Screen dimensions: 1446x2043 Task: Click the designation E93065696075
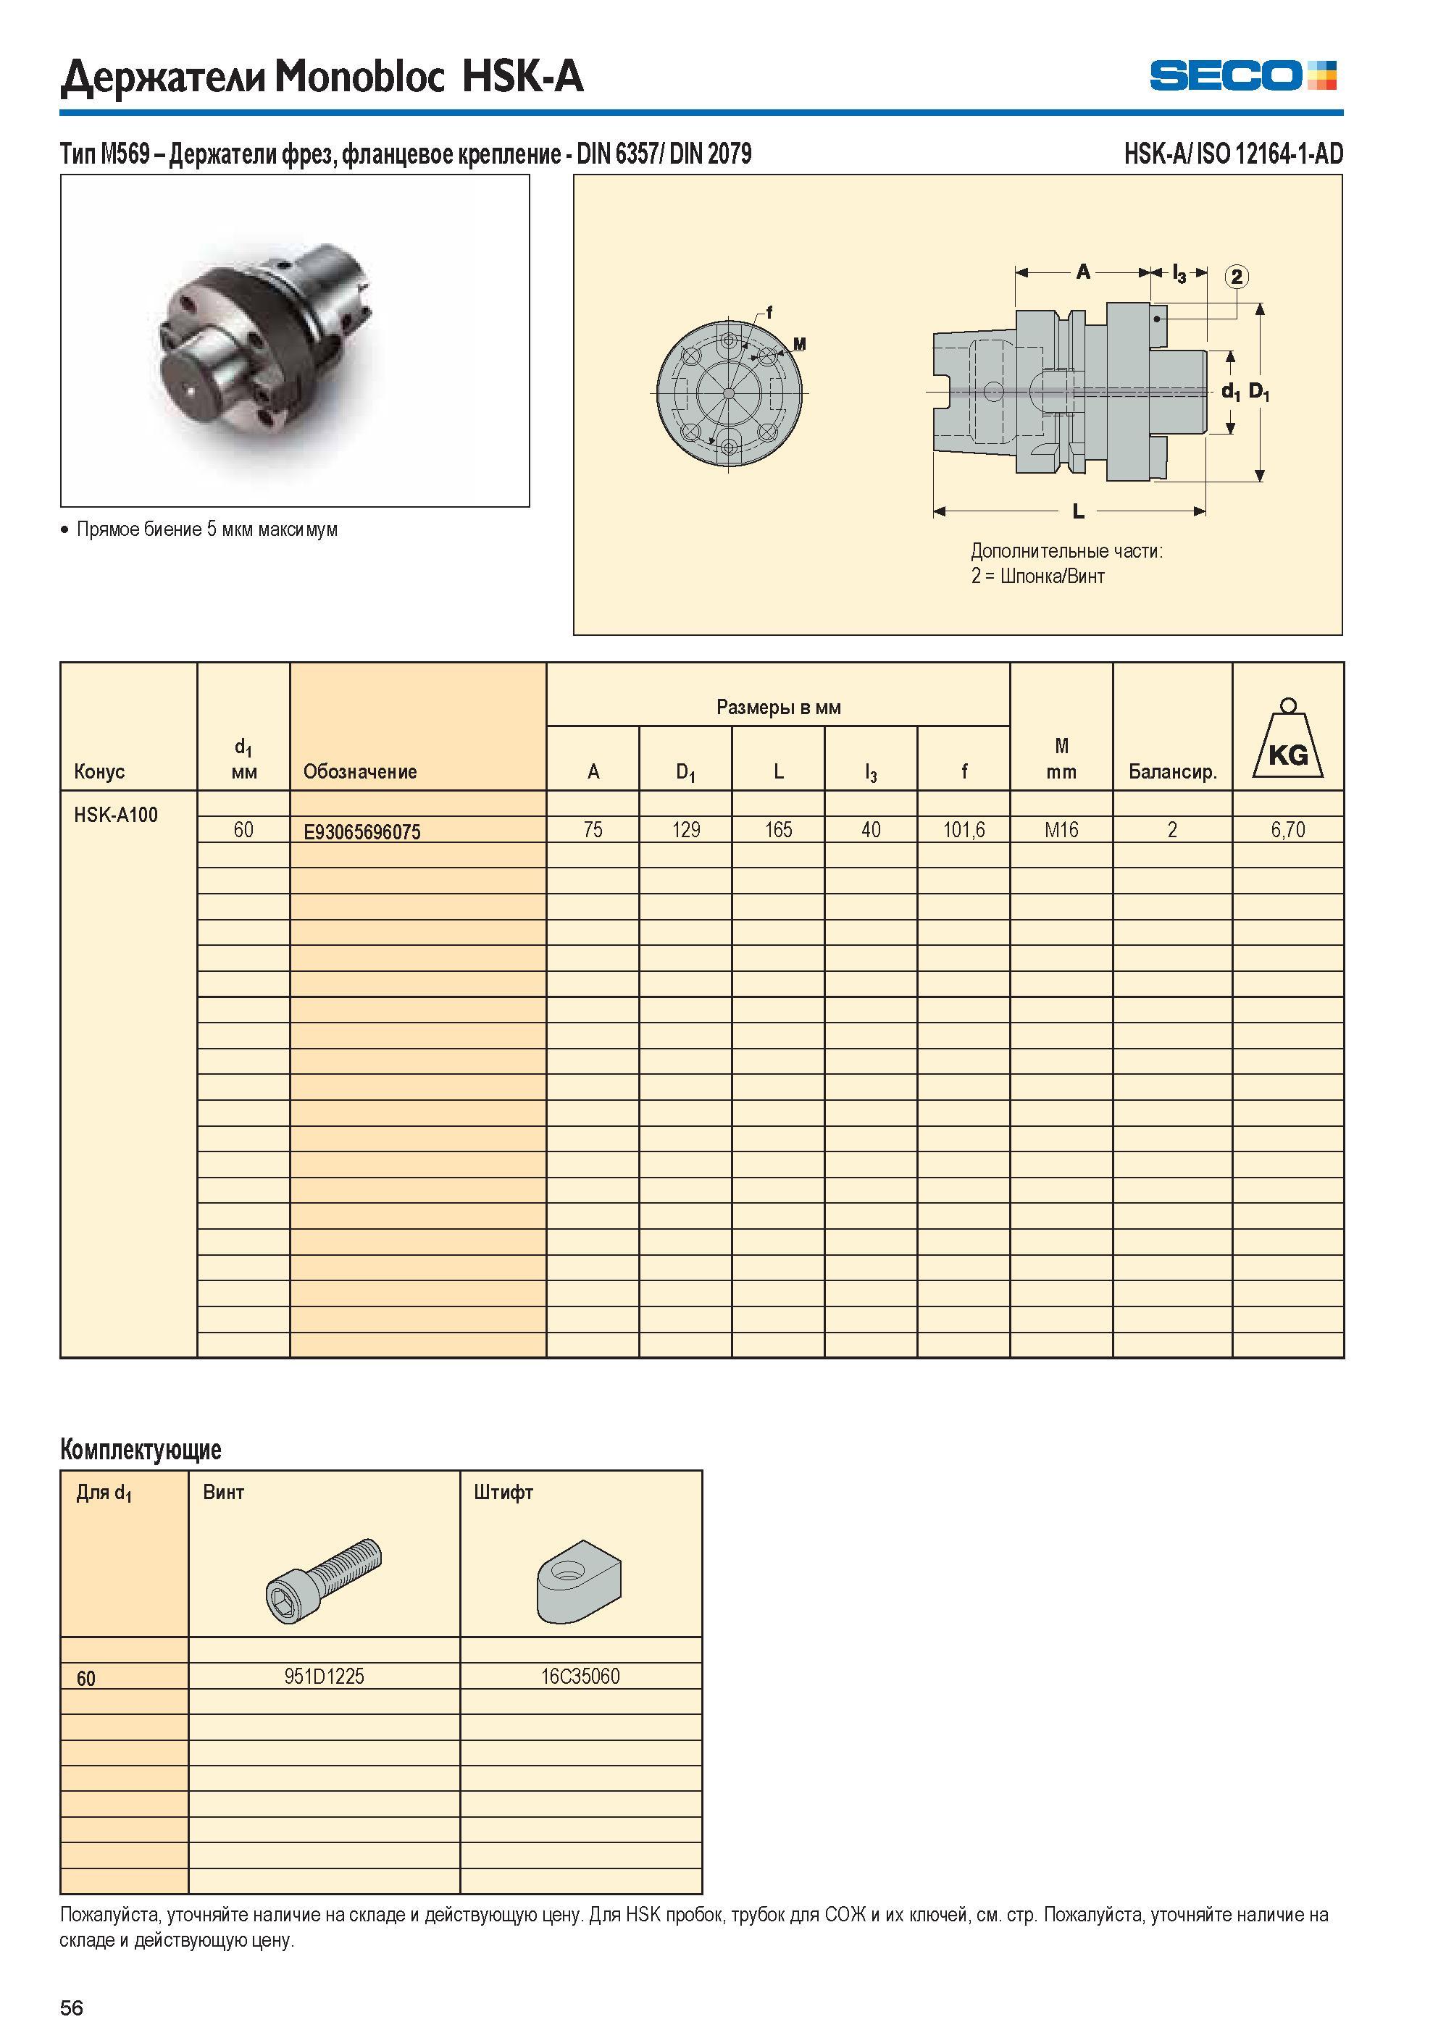coord(361,832)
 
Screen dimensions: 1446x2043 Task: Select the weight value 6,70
coord(1287,830)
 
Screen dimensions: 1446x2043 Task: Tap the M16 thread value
coord(1061,830)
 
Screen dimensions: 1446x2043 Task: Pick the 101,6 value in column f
coord(964,830)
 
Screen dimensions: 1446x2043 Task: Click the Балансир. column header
coord(1173,772)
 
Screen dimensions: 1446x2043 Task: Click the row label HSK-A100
coord(116,815)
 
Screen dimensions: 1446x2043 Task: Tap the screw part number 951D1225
coord(324,1677)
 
